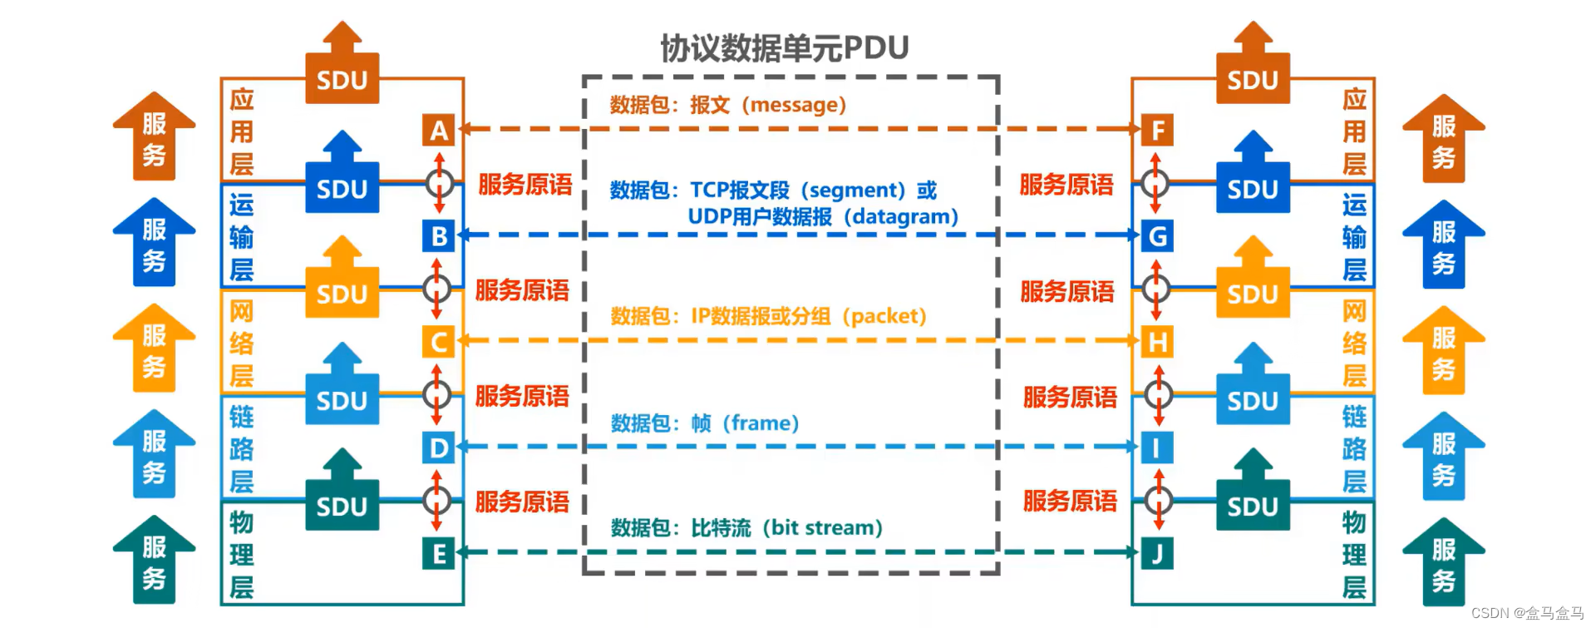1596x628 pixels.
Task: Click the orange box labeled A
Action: click(x=439, y=131)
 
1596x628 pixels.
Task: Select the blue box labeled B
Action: click(x=439, y=236)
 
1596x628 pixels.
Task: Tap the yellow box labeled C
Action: click(x=439, y=342)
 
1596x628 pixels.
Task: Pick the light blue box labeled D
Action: click(x=439, y=448)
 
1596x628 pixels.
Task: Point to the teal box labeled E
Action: click(x=439, y=554)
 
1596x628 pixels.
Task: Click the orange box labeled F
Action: click(x=1157, y=131)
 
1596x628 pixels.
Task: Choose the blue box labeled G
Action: click(x=1157, y=236)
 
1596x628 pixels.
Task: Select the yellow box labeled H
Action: click(x=1157, y=342)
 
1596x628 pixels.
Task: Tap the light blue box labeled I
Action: click(x=1157, y=448)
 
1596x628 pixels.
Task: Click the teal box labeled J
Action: click(x=1157, y=554)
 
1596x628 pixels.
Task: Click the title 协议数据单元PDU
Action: click(x=785, y=48)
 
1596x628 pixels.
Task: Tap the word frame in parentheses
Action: click(x=760, y=423)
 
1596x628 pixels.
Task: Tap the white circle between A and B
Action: click(x=439, y=183)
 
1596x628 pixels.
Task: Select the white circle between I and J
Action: click(x=1158, y=500)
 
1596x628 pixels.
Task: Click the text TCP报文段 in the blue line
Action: click(x=739, y=190)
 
